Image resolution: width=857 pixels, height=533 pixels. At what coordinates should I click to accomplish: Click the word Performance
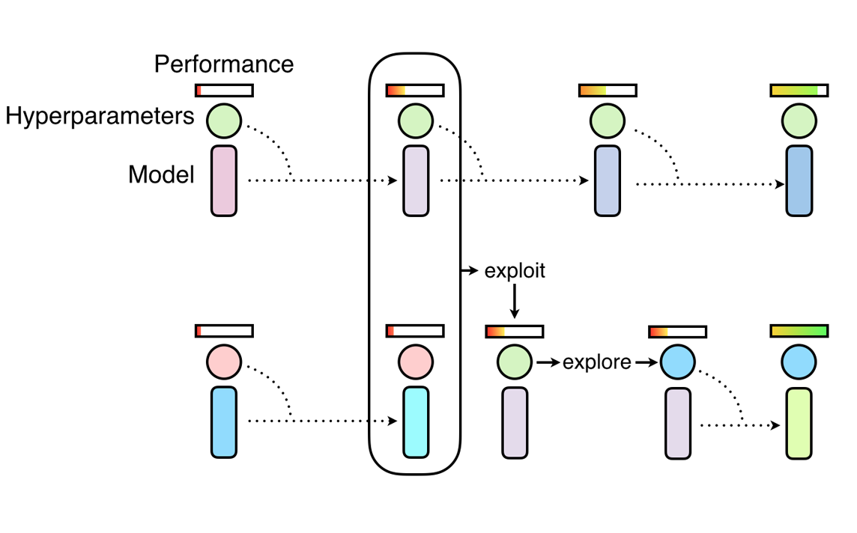click(x=224, y=64)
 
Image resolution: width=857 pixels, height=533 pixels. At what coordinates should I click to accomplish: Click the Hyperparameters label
click(x=100, y=117)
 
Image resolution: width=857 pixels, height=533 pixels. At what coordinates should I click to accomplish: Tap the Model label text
click(x=161, y=175)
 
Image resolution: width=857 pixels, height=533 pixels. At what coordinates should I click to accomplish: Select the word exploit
click(x=515, y=271)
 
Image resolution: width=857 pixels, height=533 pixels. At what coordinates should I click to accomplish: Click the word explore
click(x=597, y=363)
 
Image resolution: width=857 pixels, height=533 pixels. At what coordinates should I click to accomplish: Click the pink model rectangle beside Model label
click(x=224, y=181)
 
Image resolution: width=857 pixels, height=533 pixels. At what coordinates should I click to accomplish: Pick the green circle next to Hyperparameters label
click(x=224, y=121)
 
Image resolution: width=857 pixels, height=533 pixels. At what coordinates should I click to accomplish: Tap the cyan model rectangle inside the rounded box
click(x=415, y=422)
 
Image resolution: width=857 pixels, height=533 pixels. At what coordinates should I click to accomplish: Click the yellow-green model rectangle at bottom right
click(x=799, y=423)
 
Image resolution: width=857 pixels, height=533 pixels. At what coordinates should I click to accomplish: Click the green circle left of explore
click(x=514, y=362)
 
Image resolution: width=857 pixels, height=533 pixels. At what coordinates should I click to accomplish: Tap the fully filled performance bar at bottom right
click(x=799, y=331)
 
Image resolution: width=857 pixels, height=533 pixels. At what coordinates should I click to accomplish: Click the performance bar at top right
click(x=799, y=91)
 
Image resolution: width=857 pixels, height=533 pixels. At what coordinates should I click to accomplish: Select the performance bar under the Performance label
click(x=224, y=91)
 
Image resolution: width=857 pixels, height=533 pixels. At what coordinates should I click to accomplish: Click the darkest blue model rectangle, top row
click(x=799, y=181)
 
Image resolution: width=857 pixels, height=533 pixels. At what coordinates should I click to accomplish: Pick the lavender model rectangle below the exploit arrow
click(x=515, y=423)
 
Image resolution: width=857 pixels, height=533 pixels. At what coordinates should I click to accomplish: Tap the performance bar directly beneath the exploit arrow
click(x=515, y=331)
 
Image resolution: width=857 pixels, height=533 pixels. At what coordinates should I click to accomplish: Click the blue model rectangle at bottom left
click(x=224, y=422)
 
